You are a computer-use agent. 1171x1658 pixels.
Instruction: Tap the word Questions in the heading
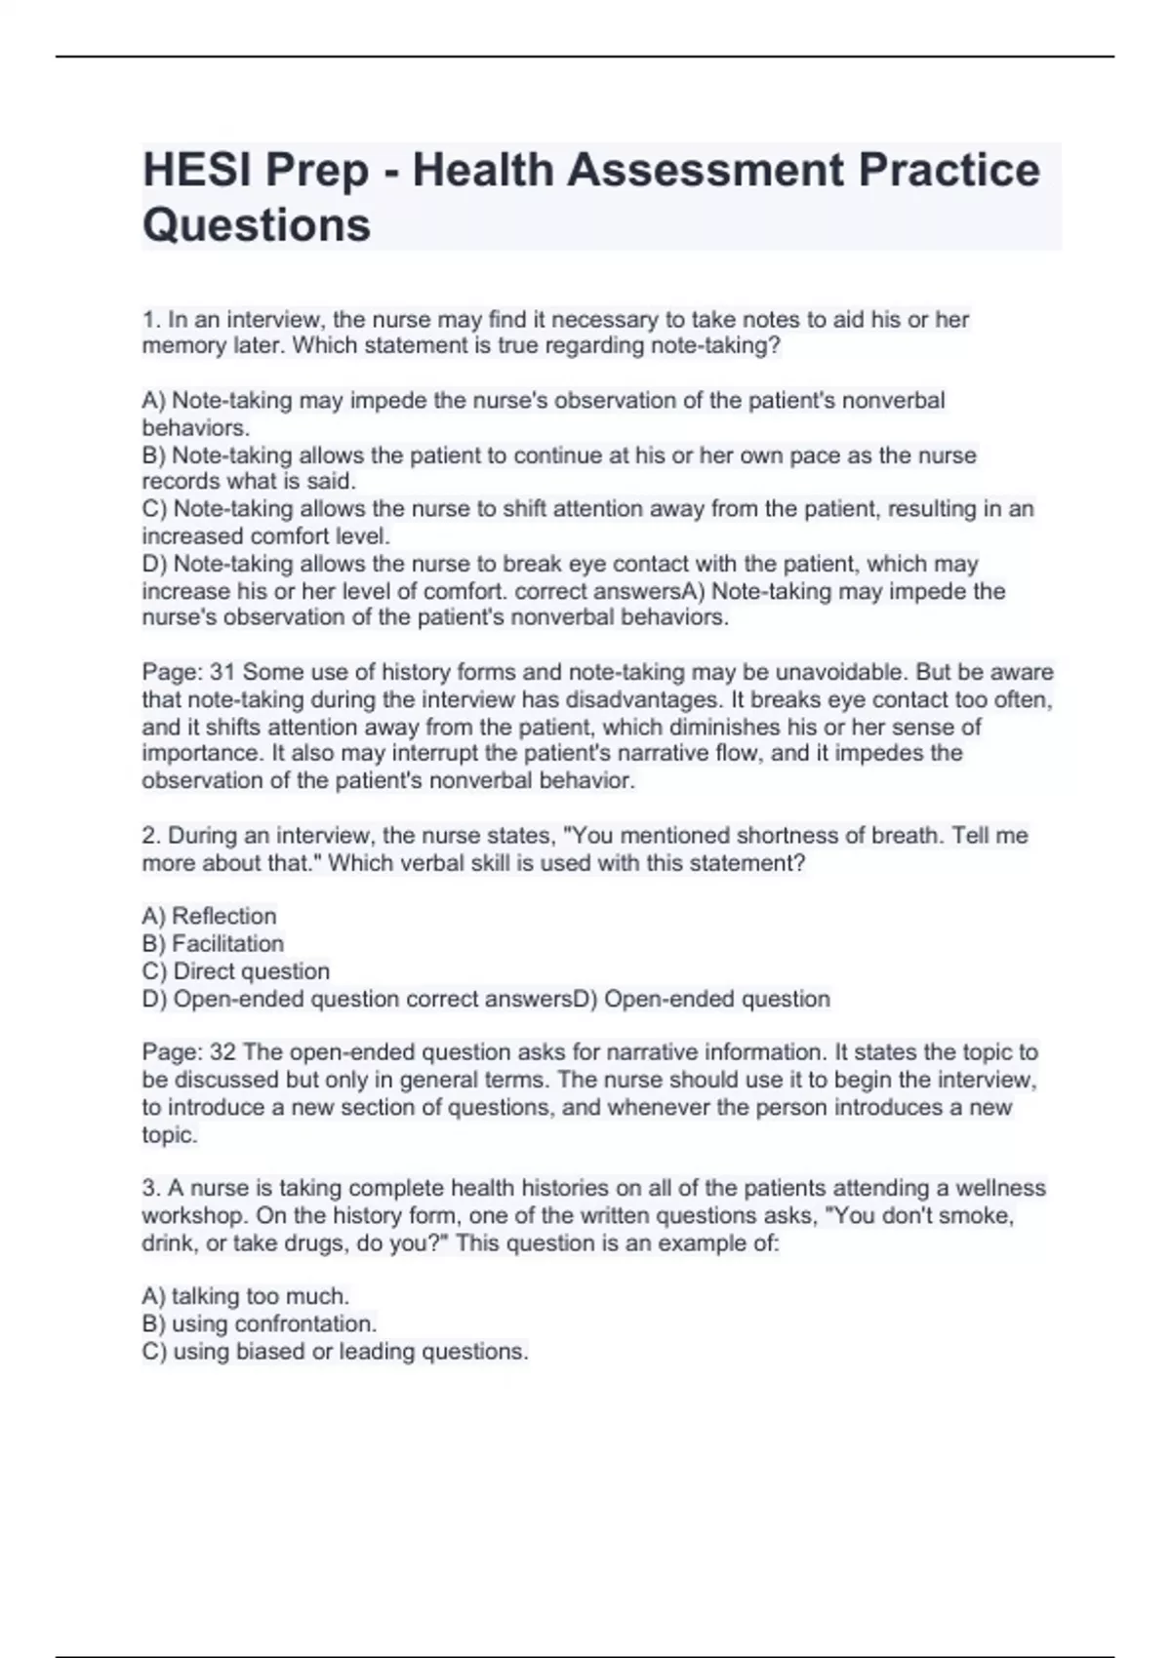click(x=257, y=224)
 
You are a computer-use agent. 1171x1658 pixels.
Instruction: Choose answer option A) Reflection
click(x=209, y=916)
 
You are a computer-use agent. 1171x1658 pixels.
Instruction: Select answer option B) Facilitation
click(x=213, y=943)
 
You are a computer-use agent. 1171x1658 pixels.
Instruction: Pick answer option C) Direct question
click(x=235, y=971)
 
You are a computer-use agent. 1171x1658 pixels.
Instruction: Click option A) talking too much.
click(x=245, y=1296)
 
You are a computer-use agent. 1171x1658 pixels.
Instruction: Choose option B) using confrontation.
click(x=259, y=1323)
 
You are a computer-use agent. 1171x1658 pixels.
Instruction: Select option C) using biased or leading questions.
click(x=335, y=1351)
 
